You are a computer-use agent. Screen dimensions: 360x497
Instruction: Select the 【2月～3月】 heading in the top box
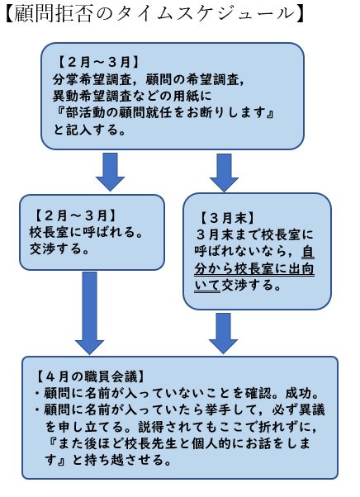coord(97,63)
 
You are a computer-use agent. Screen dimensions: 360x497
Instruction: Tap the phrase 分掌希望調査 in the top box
coord(92,79)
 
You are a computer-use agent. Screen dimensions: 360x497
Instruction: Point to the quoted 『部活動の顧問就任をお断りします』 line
coord(163,112)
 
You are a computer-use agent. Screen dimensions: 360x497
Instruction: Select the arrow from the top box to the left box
coord(110,172)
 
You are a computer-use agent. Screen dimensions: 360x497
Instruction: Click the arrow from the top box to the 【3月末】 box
coord(224,173)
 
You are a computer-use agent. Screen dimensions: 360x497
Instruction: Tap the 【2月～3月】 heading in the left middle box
coord(75,215)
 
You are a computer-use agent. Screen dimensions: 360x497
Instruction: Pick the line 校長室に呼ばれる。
coord(86,232)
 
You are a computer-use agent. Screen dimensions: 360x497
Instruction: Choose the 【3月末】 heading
coord(226,219)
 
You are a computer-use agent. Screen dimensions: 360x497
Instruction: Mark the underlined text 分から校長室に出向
coord(254,269)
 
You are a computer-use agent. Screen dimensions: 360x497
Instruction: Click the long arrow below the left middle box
coord(89,313)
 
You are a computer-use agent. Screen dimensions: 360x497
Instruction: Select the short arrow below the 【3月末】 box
coord(224,334)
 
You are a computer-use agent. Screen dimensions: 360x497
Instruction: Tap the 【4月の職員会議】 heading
coord(90,376)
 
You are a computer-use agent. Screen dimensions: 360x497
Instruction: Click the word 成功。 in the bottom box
coord(301,393)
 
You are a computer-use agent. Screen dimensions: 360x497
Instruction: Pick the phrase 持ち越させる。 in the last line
coord(128,460)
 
